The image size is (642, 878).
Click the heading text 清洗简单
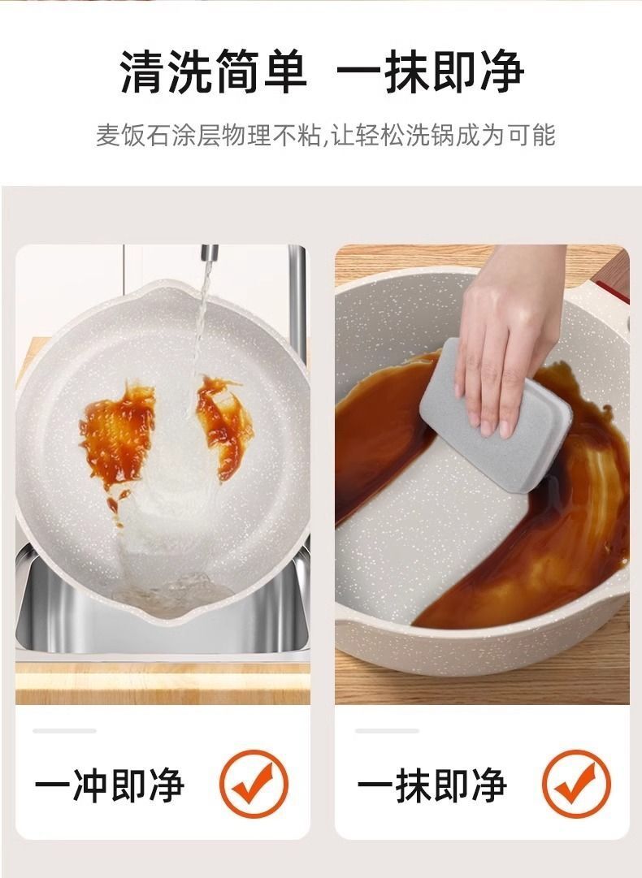(x=214, y=71)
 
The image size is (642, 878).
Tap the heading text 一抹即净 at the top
(x=430, y=71)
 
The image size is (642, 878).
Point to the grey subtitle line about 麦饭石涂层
(x=326, y=136)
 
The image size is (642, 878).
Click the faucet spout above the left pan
(x=209, y=254)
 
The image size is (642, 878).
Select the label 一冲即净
(x=110, y=785)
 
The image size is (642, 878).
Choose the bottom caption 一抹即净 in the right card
(x=432, y=785)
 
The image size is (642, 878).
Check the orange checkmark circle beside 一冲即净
(x=254, y=784)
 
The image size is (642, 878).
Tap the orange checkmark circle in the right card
(x=576, y=784)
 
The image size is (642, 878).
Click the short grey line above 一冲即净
(x=64, y=731)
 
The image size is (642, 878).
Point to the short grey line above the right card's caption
(x=387, y=731)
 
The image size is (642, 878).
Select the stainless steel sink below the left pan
(x=163, y=621)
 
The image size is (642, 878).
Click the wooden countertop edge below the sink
(x=163, y=683)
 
